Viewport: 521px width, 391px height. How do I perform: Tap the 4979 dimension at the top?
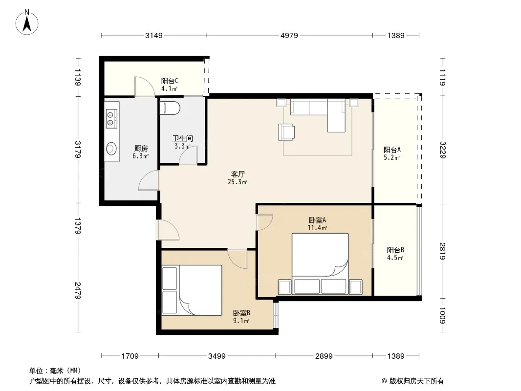289,35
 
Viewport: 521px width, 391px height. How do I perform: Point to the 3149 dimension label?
154,35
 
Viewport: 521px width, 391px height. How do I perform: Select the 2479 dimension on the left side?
78,291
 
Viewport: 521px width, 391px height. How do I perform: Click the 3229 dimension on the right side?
443,150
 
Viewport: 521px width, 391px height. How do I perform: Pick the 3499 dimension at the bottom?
217,356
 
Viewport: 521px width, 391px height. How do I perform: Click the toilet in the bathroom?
170,109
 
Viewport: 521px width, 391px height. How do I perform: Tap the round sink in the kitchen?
111,149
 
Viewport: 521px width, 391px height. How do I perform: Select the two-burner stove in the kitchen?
111,119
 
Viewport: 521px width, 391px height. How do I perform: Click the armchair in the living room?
286,132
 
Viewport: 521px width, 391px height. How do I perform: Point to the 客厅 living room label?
238,174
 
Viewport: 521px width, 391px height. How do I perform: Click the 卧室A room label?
317,220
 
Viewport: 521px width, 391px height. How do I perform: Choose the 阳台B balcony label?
395,250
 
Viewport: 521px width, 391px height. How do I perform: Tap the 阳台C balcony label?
170,81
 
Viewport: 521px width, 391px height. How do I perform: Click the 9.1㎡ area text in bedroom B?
241,321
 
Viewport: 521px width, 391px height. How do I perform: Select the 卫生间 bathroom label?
182,138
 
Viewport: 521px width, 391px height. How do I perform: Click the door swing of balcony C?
144,86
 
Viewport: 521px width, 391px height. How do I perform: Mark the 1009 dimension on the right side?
443,315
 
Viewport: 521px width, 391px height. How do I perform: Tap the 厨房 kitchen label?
141,148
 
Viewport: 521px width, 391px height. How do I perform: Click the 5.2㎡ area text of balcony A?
392,158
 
